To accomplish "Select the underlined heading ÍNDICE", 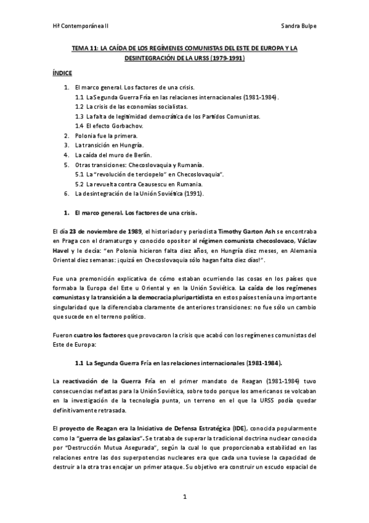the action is (x=62, y=73).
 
